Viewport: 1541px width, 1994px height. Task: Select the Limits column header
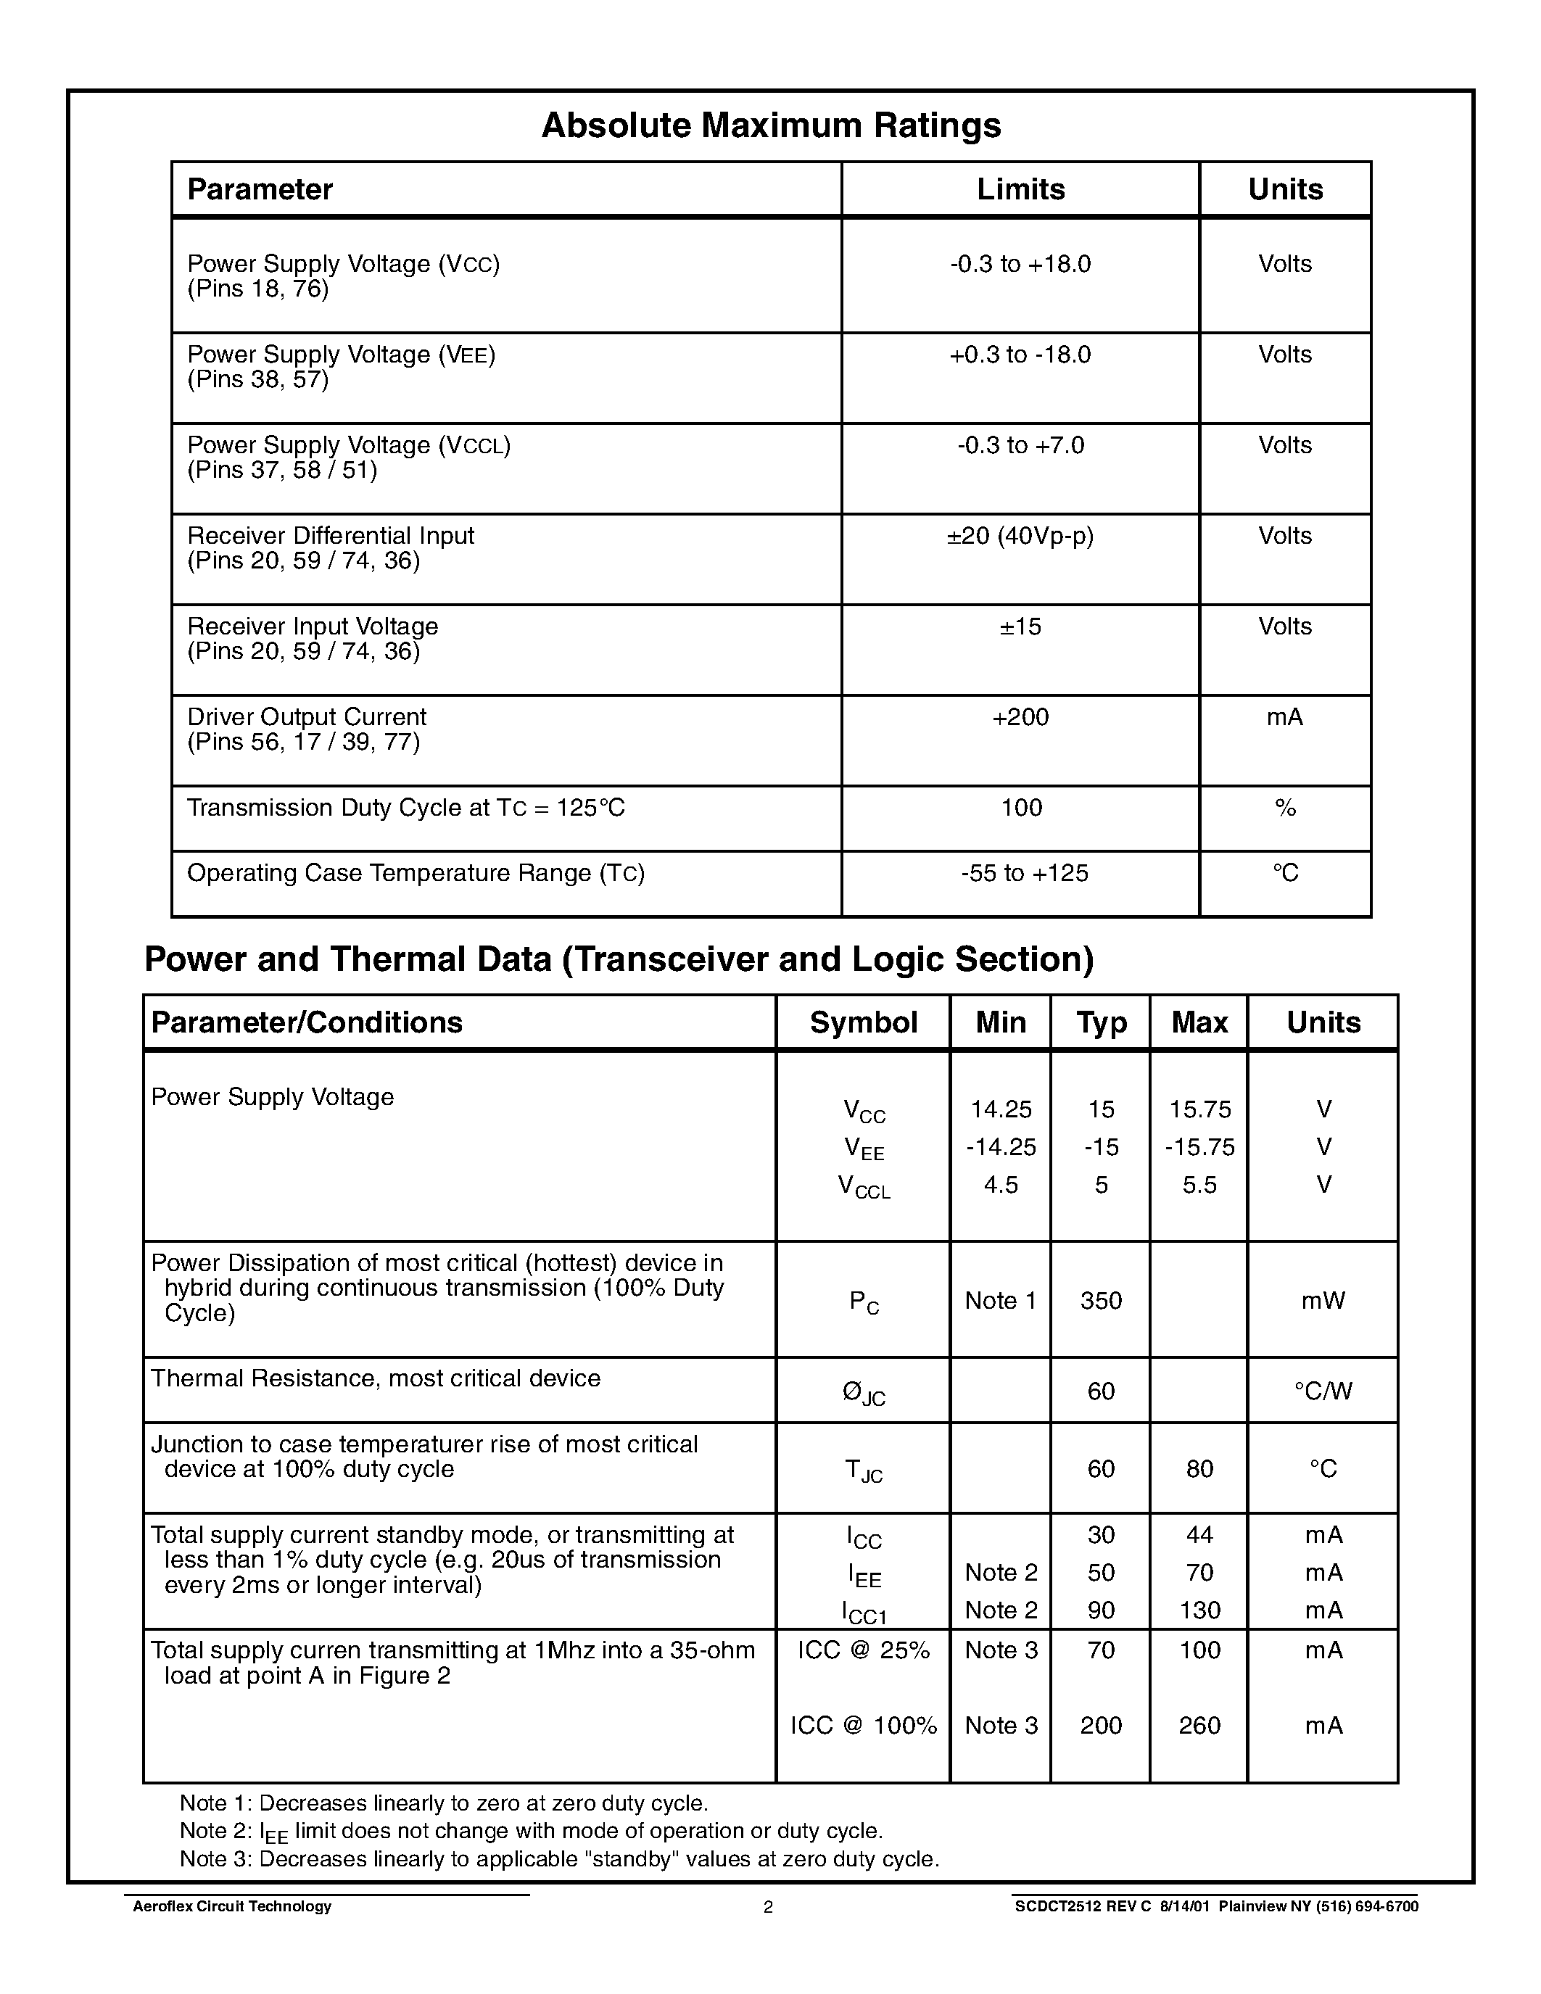click(x=1020, y=189)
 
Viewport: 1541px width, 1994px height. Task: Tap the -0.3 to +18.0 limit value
click(x=1020, y=264)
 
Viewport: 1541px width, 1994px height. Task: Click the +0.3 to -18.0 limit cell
click(x=1020, y=355)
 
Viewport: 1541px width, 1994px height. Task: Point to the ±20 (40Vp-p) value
click(x=1020, y=536)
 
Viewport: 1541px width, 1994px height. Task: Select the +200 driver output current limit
click(x=1020, y=716)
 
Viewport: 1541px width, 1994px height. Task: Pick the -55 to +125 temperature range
click(x=1023, y=873)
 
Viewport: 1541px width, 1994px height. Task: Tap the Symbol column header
click(x=863, y=1022)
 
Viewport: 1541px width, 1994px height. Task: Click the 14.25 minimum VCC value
click(x=1001, y=1109)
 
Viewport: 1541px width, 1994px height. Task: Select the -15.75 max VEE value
click(x=1199, y=1147)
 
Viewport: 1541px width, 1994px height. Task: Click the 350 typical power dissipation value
click(x=1100, y=1300)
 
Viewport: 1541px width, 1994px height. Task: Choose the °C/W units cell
click(x=1323, y=1391)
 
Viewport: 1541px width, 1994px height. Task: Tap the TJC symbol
click(x=863, y=1470)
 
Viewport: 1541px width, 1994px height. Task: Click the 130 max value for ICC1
click(x=1199, y=1610)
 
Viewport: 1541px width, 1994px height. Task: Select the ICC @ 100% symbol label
click(x=863, y=1725)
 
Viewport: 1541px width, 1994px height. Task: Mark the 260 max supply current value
click(x=1199, y=1725)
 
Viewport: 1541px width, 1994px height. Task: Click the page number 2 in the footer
click(x=768, y=1907)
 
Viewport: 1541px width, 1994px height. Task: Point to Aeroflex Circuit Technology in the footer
click(x=232, y=1906)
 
